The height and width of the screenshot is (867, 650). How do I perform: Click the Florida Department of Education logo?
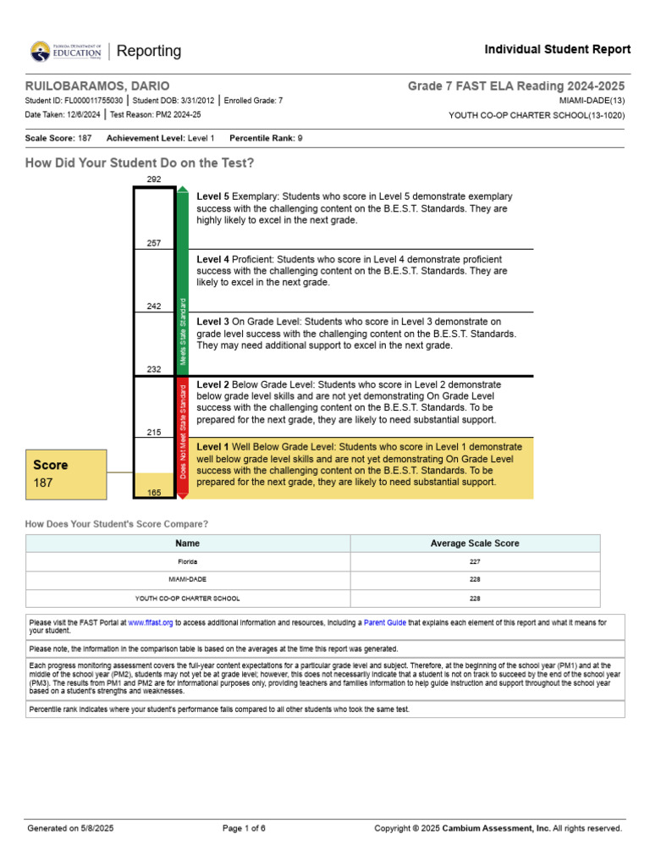click(66, 51)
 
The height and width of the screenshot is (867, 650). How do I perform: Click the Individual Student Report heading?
click(557, 50)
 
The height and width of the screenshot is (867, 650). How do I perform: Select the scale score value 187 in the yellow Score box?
click(43, 483)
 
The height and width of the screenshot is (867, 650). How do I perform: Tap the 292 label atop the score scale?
click(154, 179)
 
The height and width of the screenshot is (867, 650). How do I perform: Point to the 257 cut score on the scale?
click(154, 243)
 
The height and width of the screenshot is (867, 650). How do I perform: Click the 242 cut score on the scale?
click(154, 306)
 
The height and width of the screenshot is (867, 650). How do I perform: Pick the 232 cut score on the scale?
click(154, 369)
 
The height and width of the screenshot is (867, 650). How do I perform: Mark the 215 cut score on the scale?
click(154, 433)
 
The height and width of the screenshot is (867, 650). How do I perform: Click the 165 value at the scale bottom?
click(154, 492)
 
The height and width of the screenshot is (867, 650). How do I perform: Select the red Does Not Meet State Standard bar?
click(183, 431)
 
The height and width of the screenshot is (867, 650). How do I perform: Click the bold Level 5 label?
click(212, 196)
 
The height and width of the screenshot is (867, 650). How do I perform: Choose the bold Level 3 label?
click(212, 322)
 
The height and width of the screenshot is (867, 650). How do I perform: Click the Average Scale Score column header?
click(475, 544)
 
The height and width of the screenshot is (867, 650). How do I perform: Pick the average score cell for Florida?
click(475, 561)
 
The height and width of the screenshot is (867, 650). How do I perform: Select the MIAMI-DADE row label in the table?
click(188, 580)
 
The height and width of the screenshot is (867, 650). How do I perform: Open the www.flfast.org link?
click(151, 622)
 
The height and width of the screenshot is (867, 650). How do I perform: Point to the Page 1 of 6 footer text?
click(244, 828)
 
